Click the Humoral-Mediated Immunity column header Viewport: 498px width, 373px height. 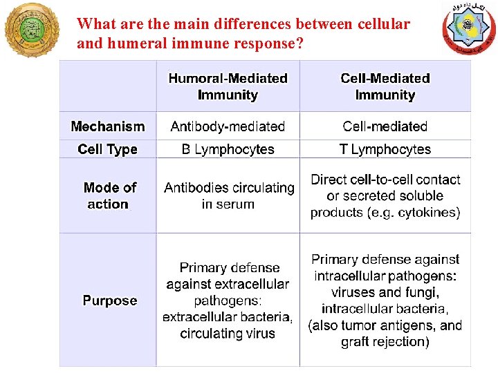point(228,86)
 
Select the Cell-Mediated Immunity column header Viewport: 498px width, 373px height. point(385,86)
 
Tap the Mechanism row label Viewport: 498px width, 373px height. point(108,126)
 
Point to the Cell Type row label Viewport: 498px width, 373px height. point(108,149)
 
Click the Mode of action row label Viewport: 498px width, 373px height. point(109,195)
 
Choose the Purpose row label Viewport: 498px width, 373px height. point(110,300)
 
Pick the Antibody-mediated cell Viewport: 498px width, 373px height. point(228,126)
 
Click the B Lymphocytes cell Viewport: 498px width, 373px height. point(228,149)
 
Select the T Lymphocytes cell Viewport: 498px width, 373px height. point(385,149)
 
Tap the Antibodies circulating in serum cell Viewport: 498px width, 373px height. point(228,195)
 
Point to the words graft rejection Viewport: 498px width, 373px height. point(385,342)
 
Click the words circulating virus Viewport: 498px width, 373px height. point(228,334)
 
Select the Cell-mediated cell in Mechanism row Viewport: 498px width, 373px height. point(385,126)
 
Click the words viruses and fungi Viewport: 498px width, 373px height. point(385,292)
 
